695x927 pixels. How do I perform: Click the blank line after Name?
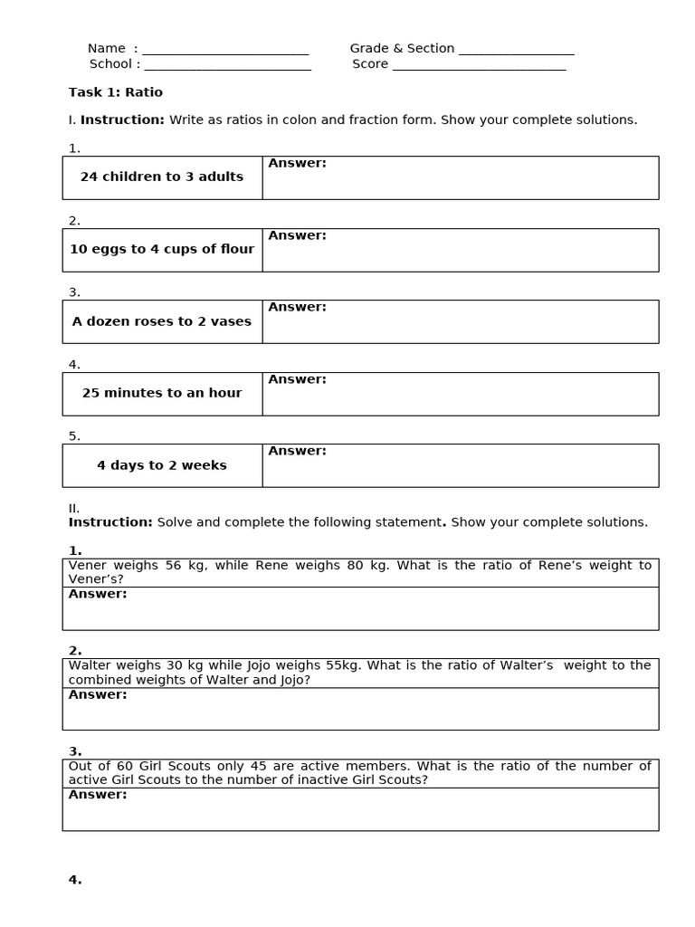click(225, 51)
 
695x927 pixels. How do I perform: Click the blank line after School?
click(227, 66)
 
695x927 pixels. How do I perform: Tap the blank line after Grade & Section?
click(516, 51)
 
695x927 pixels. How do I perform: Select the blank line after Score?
click(479, 66)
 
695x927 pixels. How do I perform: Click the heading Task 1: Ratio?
click(116, 92)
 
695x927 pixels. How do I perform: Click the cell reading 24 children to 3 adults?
click(162, 177)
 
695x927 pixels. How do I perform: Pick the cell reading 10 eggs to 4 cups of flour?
click(162, 250)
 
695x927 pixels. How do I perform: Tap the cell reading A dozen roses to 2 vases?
click(162, 321)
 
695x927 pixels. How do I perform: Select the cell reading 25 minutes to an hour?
click(162, 394)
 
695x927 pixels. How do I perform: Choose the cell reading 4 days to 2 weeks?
click(162, 465)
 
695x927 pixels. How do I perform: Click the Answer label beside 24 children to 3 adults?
click(297, 164)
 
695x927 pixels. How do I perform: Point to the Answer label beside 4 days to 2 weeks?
click(297, 451)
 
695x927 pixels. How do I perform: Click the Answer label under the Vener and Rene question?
click(98, 594)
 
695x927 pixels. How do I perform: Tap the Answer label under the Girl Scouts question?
click(98, 795)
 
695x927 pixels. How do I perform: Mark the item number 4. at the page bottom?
click(75, 880)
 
